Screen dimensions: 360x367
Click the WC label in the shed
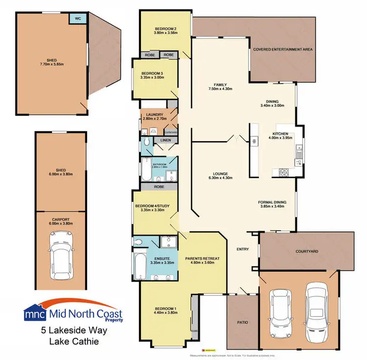click(x=77, y=18)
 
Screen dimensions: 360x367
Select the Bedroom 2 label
click(x=165, y=28)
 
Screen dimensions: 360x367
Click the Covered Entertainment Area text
click(x=283, y=49)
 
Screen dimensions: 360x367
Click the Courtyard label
click(x=307, y=251)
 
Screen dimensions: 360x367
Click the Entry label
click(x=243, y=249)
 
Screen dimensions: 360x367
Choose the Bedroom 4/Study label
click(x=152, y=206)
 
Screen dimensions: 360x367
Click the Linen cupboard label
click(x=165, y=141)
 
